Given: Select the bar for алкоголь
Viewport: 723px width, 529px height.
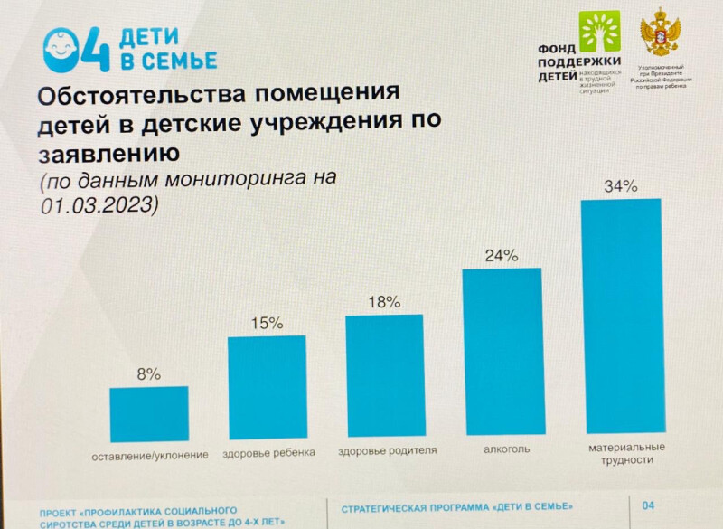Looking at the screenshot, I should pos(502,352).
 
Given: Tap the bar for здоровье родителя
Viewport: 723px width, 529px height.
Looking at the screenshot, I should pos(384,375).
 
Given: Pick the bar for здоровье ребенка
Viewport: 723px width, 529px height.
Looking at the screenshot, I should pos(267,388).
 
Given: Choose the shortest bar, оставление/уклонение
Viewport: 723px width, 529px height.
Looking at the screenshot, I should pos(149,414).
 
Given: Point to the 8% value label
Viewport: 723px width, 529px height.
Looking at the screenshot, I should pos(149,373).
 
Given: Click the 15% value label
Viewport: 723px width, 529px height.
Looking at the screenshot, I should pos(268,322).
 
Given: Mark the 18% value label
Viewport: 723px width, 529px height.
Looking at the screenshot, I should pos(385,302).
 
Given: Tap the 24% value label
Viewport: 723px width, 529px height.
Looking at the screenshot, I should pos(502,255).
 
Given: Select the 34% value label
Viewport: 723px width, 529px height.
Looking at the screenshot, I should pos(622,187).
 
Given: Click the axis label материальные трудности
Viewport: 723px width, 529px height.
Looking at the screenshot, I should pos(626,454).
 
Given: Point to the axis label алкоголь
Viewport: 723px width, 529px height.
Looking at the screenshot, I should pos(501,449).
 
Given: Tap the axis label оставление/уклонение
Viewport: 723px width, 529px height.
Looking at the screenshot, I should pos(150,453).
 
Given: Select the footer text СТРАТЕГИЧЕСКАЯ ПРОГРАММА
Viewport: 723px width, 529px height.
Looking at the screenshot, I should pos(417,507).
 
